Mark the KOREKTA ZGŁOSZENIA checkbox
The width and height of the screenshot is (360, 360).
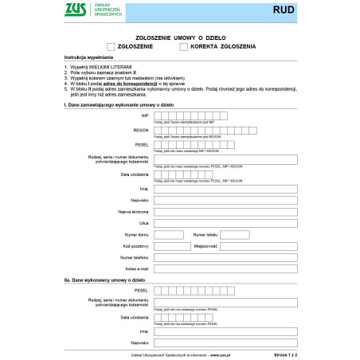184,47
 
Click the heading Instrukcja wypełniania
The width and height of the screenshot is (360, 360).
89,58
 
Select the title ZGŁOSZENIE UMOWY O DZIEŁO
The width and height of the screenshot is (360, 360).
179,37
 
